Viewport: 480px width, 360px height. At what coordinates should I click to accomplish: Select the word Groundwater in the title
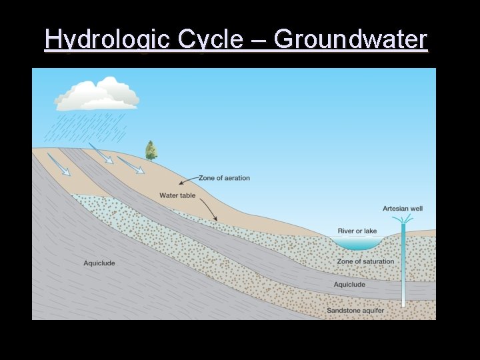click(350, 40)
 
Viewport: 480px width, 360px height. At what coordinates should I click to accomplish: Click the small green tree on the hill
click(151, 151)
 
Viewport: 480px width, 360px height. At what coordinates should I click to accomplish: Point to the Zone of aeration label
click(224, 178)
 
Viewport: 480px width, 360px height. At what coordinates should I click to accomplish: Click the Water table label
click(177, 195)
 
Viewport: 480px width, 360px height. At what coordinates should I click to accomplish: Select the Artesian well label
click(403, 209)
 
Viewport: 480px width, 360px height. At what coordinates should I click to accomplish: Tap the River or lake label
click(357, 231)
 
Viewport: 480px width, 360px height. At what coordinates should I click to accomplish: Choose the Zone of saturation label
click(365, 262)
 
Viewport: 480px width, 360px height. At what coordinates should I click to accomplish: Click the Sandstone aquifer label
click(355, 311)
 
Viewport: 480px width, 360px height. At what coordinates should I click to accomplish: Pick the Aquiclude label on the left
click(99, 263)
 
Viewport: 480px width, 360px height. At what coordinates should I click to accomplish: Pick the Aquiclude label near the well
click(349, 285)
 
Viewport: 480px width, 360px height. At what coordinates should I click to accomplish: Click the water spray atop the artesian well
click(403, 219)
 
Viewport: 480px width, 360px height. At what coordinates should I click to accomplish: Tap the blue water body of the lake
click(356, 243)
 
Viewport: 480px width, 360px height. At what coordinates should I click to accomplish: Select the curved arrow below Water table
click(209, 209)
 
